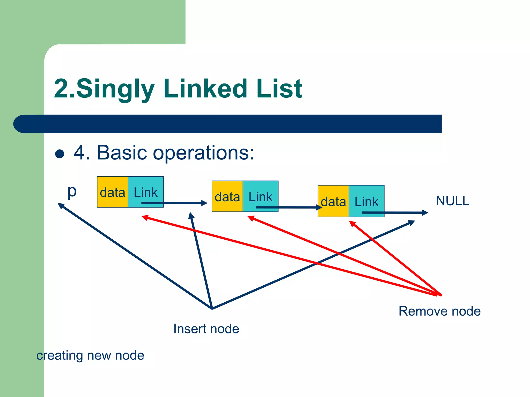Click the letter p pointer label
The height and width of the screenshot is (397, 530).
(72, 192)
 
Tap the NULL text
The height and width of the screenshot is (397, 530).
(452, 201)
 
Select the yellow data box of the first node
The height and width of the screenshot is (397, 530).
(113, 192)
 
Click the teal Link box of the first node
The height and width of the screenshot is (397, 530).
(146, 192)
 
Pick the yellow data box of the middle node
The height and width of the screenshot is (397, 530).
(227, 196)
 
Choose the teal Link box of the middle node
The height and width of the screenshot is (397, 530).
(260, 196)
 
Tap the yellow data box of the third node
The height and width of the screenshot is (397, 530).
(333, 201)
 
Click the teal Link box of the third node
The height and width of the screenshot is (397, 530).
(366, 201)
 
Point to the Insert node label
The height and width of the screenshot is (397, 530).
(206, 329)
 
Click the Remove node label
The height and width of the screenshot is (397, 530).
(439, 311)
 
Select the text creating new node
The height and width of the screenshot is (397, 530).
(90, 355)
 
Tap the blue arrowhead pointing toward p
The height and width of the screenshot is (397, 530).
(61, 205)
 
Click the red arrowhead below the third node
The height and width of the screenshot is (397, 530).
(352, 223)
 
